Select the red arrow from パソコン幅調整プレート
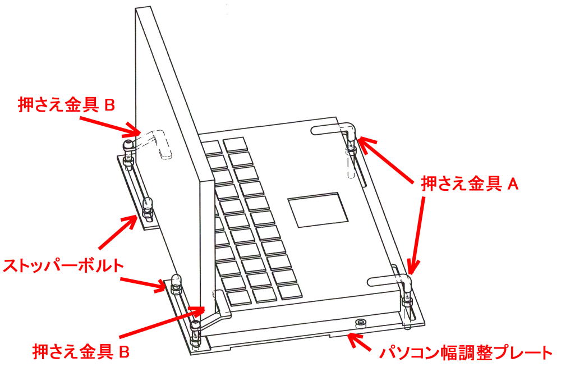click(x=360, y=340)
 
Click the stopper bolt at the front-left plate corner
click(x=175, y=284)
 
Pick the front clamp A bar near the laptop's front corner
click(x=387, y=279)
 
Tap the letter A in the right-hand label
click(x=511, y=183)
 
